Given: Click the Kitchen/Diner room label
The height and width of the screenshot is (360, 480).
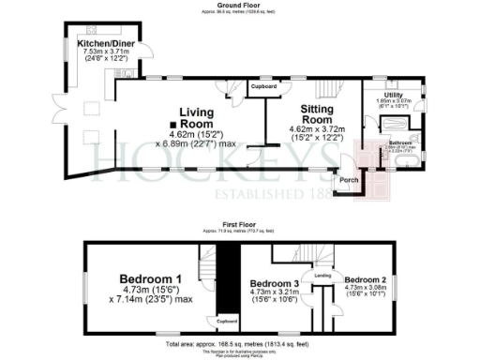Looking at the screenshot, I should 104,45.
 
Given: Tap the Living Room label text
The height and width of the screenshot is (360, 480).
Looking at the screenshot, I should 198,118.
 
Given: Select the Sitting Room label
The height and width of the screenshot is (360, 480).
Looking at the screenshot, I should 318,114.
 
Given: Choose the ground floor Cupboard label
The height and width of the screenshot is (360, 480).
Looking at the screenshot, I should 265,86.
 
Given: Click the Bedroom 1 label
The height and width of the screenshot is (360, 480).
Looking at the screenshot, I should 156,278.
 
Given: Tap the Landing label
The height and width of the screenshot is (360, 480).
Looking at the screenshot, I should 322,275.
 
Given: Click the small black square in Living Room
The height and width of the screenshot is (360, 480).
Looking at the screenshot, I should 172,125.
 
